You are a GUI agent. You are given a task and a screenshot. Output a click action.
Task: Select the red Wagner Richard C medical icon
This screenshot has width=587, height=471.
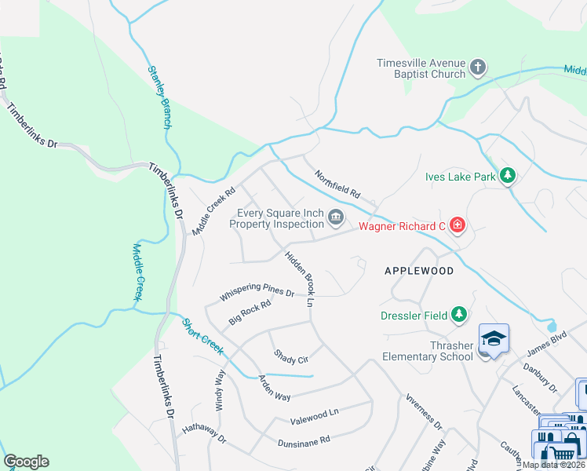click(458, 227)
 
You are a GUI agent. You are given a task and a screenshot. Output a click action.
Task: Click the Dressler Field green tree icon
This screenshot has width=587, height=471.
click(459, 315)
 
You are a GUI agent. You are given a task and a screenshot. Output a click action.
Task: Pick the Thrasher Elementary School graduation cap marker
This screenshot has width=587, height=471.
click(494, 338)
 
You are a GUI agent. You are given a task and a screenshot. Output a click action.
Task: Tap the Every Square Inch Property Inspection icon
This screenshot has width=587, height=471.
click(337, 217)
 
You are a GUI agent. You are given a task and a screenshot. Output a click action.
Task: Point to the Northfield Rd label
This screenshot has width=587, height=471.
click(337, 184)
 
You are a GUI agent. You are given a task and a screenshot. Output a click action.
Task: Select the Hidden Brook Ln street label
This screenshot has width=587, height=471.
click(299, 279)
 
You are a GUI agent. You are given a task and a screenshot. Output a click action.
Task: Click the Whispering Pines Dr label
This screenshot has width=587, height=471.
click(257, 294)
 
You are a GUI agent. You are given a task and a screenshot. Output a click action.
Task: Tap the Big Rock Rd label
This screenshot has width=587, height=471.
click(250, 312)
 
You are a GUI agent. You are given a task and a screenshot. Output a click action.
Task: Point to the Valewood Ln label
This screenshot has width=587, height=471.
click(314, 413)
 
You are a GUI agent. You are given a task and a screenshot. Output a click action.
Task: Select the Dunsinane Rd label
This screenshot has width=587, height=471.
click(304, 443)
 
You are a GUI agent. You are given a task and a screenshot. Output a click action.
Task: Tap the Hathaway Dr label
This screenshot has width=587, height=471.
click(204, 434)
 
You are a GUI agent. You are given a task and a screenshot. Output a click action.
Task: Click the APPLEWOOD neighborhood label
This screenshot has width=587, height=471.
click(419, 271)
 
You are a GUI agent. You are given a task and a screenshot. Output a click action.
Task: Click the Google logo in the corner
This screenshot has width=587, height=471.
click(26, 462)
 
